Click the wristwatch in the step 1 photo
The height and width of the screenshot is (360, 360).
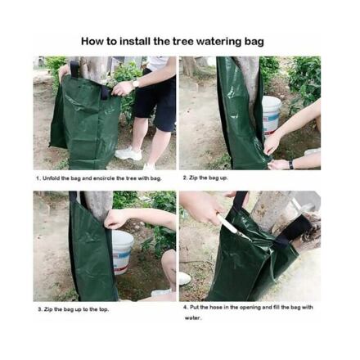135,83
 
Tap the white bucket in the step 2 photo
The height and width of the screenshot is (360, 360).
272,115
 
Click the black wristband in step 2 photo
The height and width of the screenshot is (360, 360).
291,164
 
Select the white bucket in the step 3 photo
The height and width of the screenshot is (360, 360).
123,252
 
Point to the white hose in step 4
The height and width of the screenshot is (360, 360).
232,227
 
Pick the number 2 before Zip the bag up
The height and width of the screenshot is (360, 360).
185,178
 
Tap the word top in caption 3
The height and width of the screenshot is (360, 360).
103,310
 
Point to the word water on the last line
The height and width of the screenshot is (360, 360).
192,318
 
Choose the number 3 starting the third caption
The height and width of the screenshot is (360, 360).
40,309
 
